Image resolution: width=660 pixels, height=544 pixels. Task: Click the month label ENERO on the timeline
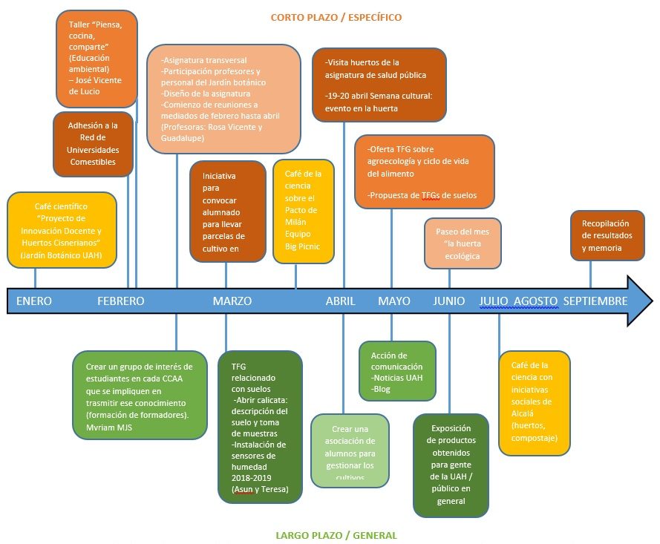tap(34, 301)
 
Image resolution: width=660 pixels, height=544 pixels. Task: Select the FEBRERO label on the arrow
tap(121, 301)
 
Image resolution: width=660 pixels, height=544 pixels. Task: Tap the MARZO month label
tap(232, 301)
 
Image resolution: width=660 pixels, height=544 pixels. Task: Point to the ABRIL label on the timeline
tap(341, 301)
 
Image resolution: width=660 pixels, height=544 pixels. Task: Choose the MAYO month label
tap(394, 301)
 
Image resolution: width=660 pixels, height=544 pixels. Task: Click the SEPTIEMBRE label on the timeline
tap(595, 301)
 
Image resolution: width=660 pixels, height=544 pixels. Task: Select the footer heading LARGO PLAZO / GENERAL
tap(336, 534)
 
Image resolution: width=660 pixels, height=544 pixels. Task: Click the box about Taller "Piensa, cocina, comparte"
tap(86, 59)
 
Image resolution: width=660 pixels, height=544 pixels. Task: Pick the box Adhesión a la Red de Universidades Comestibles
tap(93, 143)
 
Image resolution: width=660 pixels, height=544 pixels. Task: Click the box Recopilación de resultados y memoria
tap(606, 235)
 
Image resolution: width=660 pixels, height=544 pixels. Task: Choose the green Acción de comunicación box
tap(397, 371)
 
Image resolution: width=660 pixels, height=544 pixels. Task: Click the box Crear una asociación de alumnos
tap(350, 450)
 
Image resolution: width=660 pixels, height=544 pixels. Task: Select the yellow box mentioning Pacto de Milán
tap(303, 211)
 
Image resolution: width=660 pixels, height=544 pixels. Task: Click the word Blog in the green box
tap(383, 389)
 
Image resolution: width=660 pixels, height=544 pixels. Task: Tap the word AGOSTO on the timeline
tap(535, 301)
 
